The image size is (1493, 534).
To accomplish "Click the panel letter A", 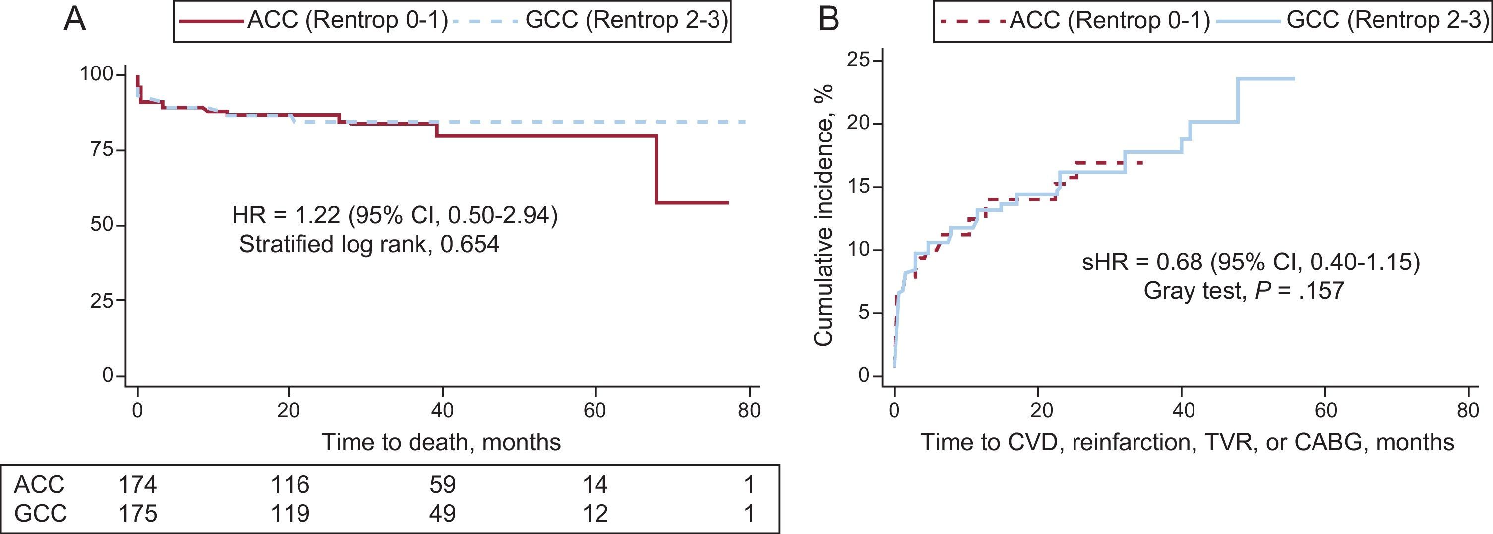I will point(75,20).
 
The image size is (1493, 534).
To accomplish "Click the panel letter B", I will point(828,20).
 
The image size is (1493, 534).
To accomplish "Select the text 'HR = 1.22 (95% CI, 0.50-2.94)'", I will point(395,216).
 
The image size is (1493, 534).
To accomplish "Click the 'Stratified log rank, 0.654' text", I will point(369,244).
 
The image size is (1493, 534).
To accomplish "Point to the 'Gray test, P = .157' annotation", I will point(1243,290).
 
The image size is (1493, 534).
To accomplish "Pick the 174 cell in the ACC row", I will point(138,484).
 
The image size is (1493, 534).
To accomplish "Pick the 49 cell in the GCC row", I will point(442,513).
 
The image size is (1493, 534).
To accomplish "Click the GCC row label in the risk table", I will point(40,513).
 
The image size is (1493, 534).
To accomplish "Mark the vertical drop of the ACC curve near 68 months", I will point(656,169).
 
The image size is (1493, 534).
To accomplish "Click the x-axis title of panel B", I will point(1187,442).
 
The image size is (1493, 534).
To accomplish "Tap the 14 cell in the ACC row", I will point(595,484).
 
